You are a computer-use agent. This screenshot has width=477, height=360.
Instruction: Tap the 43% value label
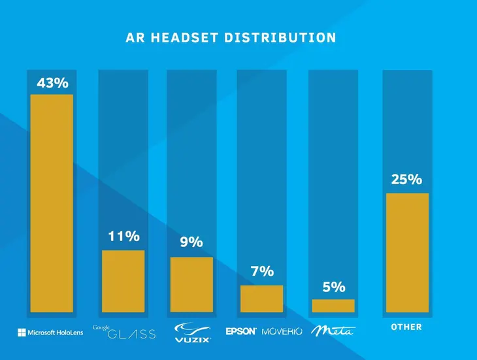(53, 84)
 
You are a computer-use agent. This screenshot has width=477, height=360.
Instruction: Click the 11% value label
(123, 237)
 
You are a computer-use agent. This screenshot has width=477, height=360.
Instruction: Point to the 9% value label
(191, 242)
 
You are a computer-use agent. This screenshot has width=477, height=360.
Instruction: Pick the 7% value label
(262, 272)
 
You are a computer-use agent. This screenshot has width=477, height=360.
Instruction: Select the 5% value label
(333, 287)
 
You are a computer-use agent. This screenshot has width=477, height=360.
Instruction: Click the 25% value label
(406, 179)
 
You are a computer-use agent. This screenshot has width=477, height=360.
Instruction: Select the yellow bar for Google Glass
(123, 282)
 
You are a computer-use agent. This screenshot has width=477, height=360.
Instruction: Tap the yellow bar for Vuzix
(191, 285)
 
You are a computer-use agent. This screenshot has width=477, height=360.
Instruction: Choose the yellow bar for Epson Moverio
(262, 299)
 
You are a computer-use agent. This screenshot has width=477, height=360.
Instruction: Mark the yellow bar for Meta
(333, 306)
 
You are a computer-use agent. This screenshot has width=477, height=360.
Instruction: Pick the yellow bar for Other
(407, 253)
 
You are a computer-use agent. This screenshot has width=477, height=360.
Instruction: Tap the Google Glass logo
(124, 332)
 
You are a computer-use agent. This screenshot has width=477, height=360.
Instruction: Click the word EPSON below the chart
(241, 331)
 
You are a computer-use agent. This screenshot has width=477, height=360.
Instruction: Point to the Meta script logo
(332, 331)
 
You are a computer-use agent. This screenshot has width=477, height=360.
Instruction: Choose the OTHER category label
(406, 327)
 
